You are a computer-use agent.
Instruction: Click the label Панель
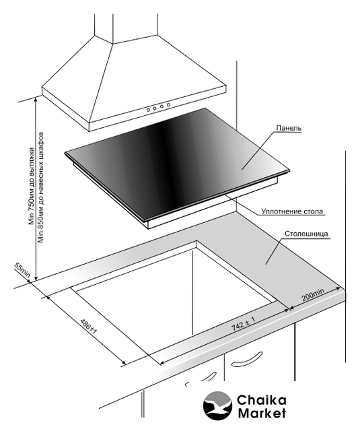click(x=289, y=128)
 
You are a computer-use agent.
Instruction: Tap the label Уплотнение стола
click(x=292, y=211)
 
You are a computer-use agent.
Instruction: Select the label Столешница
click(x=306, y=234)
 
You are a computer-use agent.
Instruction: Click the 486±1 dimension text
click(x=88, y=327)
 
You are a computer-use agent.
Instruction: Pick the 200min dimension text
click(x=313, y=295)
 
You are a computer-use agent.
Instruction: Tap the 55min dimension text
click(x=22, y=271)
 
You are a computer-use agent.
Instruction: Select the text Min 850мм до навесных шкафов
click(x=41, y=187)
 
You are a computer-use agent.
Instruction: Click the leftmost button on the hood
click(x=148, y=110)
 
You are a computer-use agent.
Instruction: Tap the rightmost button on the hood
click(x=168, y=104)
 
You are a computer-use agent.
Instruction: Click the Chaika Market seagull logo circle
click(x=217, y=405)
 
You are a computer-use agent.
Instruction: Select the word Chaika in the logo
click(x=261, y=400)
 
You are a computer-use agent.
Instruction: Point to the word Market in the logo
click(x=262, y=413)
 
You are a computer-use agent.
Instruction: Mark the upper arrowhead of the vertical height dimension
click(x=36, y=100)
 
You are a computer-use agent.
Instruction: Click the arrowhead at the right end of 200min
click(x=338, y=289)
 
